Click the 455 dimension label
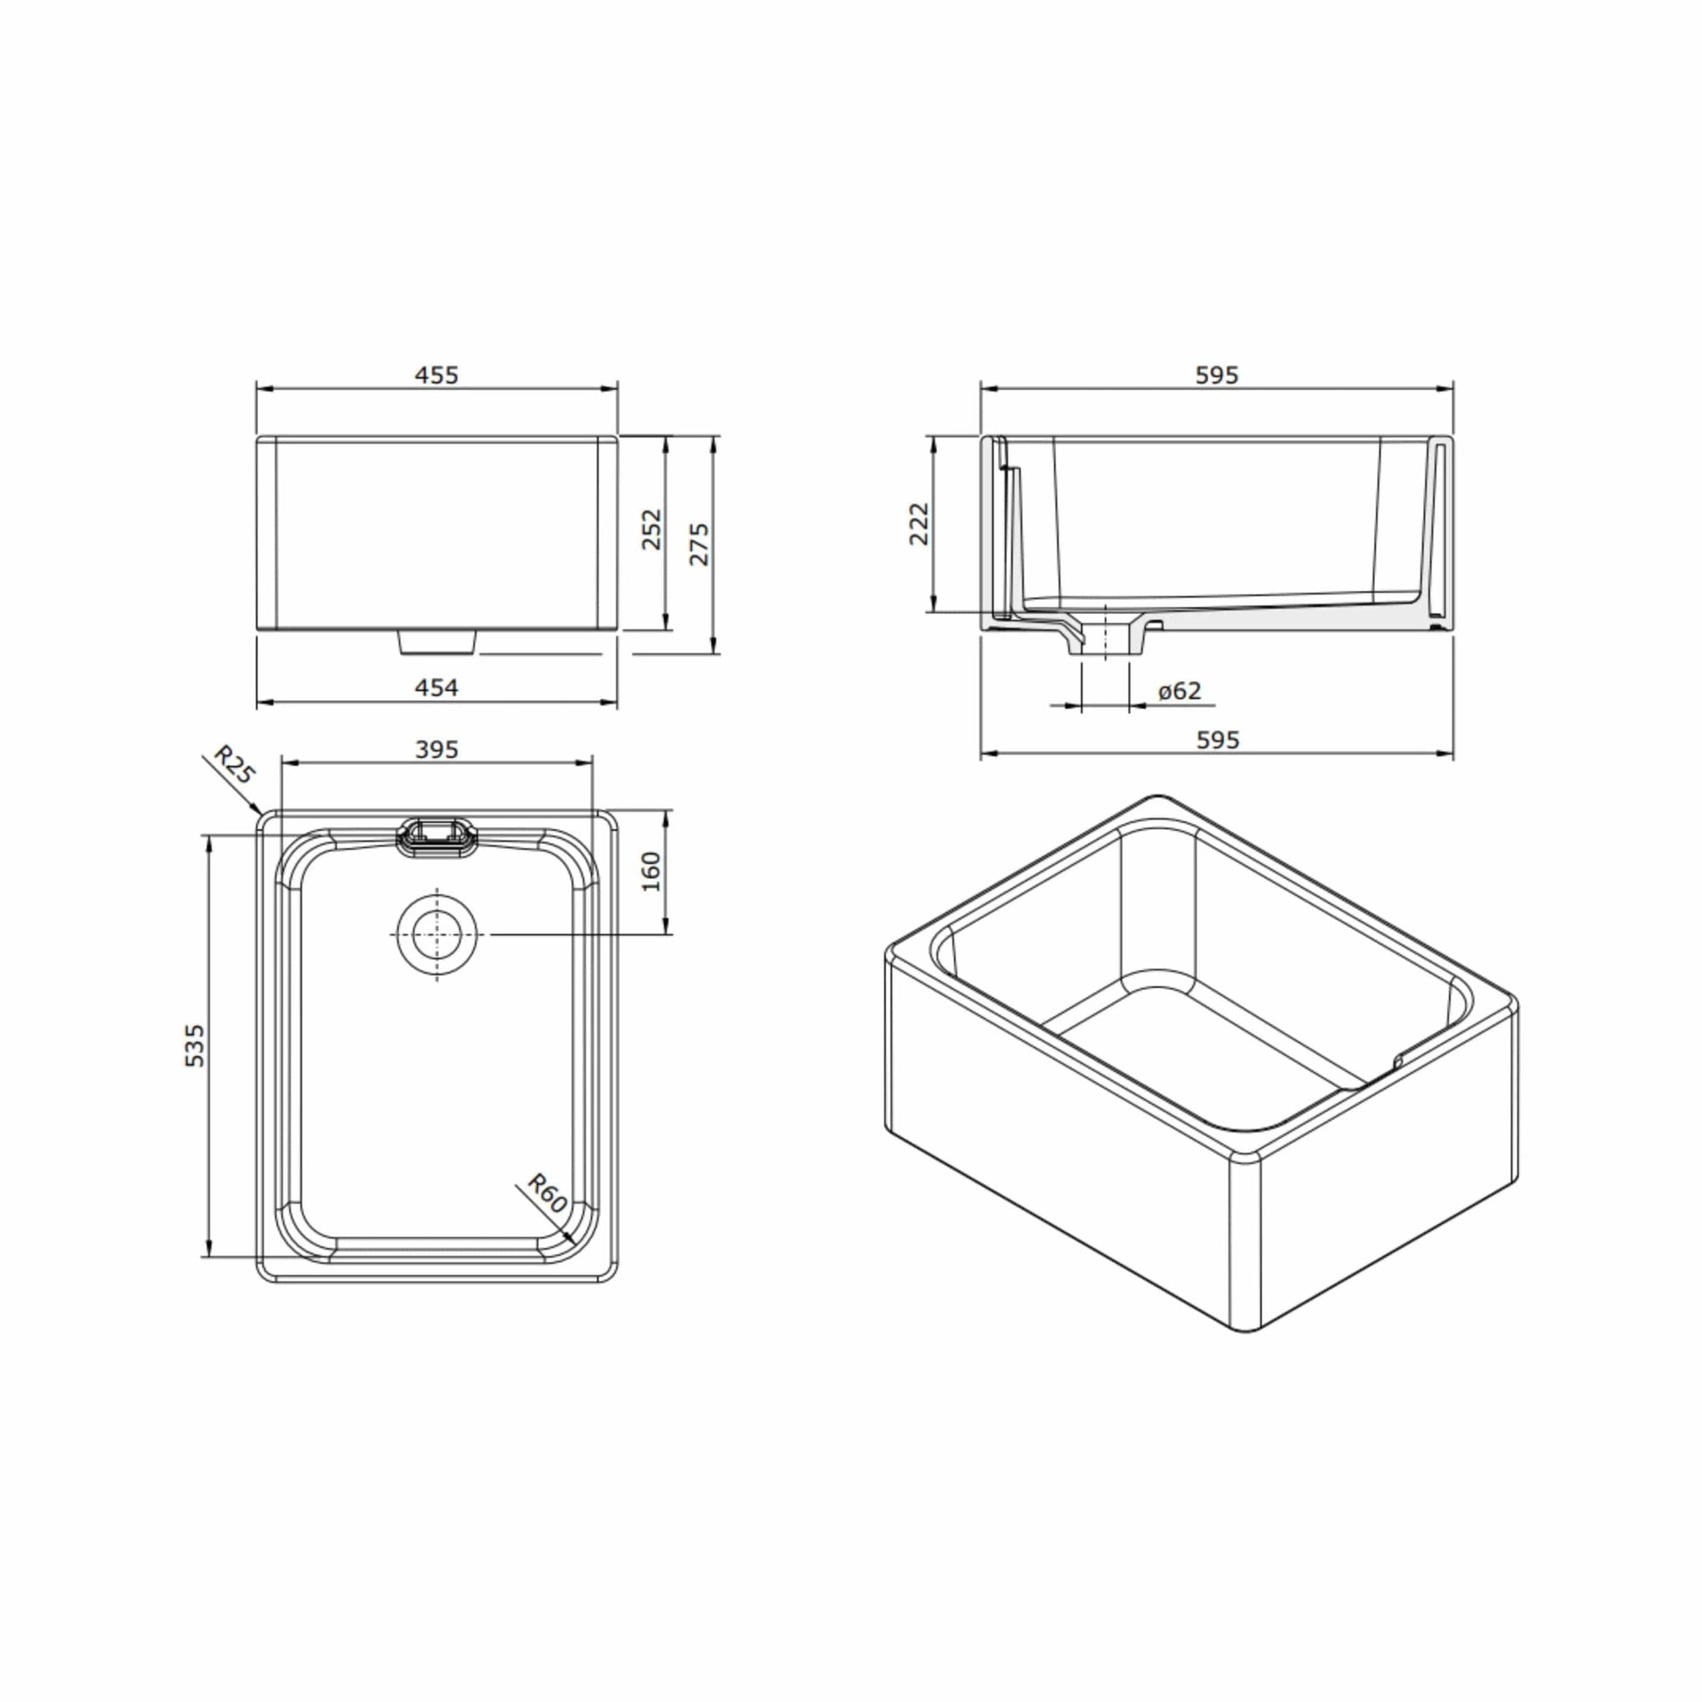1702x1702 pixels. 437,375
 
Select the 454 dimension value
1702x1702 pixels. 437,688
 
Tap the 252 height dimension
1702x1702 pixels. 651,529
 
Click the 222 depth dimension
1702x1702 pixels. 919,524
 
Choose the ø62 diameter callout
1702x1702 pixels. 1180,692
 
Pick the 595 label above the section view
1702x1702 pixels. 1217,375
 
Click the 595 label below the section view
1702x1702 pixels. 1217,741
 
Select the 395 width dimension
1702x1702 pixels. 437,750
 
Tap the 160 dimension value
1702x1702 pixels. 651,871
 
